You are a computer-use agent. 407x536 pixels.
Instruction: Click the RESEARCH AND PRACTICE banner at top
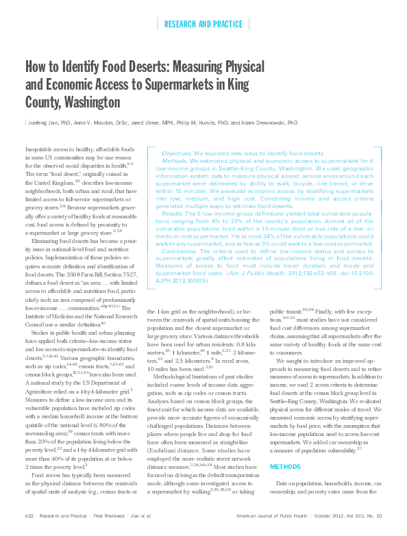tap(203, 25)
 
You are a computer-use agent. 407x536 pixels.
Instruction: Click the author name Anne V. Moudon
tap(93, 123)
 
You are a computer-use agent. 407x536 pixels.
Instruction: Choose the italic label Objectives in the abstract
tap(176, 154)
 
